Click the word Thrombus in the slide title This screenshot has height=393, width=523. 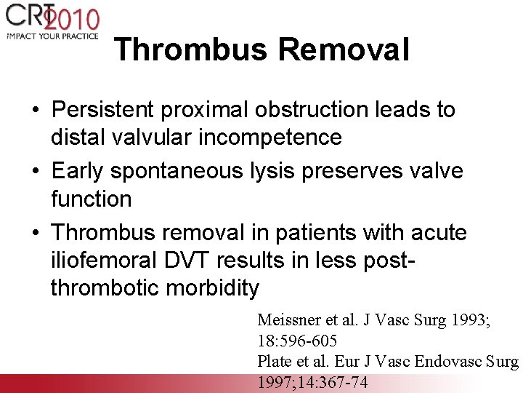(190, 50)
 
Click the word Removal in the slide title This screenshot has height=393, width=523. (344, 50)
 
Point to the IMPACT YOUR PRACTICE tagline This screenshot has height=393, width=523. (52, 36)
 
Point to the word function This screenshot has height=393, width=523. (91, 198)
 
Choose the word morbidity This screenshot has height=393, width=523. (212, 288)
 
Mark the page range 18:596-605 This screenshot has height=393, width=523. (297, 341)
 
